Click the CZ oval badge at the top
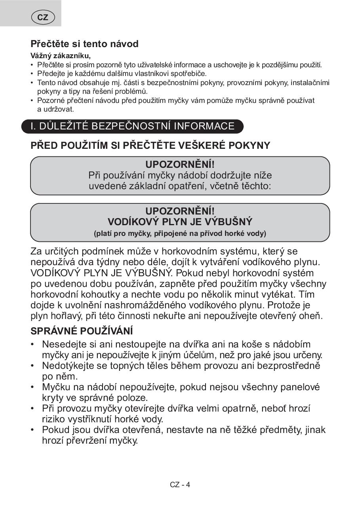click(43, 17)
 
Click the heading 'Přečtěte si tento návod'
click(84, 44)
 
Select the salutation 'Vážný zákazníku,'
click(61, 56)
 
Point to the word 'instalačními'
click(310, 83)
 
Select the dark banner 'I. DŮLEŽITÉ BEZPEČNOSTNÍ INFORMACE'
click(133, 126)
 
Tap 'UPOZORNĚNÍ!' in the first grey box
click(180, 165)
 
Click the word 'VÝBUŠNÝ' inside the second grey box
click(229, 222)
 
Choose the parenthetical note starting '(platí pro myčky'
click(180, 233)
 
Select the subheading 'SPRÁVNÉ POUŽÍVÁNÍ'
click(82, 331)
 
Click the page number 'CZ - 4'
click(180, 484)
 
